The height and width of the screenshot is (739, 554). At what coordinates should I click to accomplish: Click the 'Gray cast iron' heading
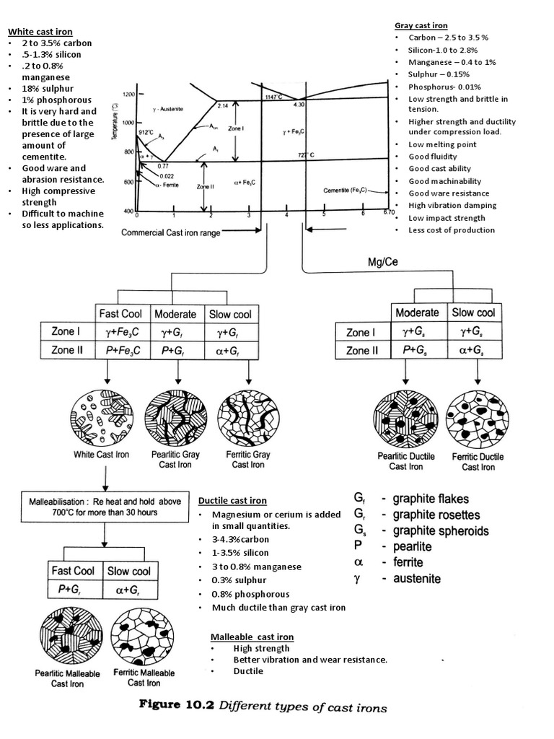click(421, 25)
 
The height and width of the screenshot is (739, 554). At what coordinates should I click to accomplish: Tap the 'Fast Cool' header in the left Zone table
click(121, 314)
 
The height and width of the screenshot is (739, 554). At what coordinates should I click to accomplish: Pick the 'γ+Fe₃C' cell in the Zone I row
click(121, 333)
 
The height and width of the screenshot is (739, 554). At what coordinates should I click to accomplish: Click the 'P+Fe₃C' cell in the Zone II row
click(121, 351)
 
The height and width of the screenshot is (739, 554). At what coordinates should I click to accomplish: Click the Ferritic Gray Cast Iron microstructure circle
click(248, 417)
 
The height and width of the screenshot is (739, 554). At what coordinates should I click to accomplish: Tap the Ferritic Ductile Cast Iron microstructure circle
click(477, 418)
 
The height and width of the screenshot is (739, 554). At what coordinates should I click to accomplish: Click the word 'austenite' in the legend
click(416, 579)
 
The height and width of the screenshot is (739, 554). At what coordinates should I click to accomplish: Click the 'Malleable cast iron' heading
click(252, 637)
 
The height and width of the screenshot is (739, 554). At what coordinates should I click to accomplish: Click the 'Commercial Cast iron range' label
click(171, 233)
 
